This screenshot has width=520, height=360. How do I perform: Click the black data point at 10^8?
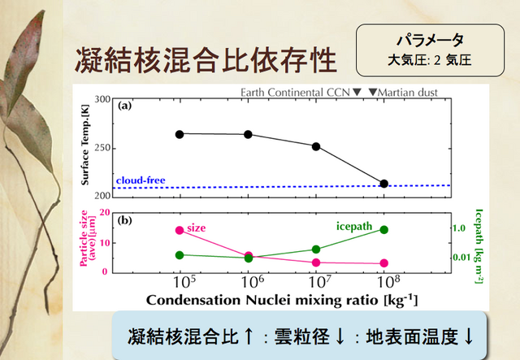(384, 184)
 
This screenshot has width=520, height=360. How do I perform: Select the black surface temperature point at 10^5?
(180, 134)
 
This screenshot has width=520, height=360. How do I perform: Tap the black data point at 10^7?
(316, 146)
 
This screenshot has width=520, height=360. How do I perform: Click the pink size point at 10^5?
(180, 230)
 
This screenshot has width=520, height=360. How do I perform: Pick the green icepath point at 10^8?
(384, 230)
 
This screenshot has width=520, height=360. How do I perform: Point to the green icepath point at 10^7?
(316, 249)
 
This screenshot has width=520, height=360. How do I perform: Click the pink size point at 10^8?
(384, 263)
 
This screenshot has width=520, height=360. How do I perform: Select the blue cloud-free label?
(141, 180)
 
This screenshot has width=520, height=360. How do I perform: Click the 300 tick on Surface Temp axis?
(102, 99)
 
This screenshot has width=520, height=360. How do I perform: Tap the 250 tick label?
(102, 148)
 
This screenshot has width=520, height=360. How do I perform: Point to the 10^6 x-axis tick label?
(253, 282)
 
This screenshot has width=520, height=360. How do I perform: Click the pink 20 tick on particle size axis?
(105, 212)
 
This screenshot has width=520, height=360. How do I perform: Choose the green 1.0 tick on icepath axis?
(459, 228)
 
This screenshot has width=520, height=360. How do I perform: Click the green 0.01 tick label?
(462, 257)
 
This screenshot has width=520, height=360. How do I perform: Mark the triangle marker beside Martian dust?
(373, 92)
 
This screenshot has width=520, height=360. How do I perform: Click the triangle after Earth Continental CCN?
(357, 92)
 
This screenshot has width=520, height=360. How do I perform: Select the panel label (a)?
(124, 106)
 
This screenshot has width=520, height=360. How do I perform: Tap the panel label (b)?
(124, 220)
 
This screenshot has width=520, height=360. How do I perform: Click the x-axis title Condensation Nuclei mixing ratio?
(262, 300)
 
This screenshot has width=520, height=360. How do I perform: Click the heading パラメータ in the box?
(430, 40)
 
